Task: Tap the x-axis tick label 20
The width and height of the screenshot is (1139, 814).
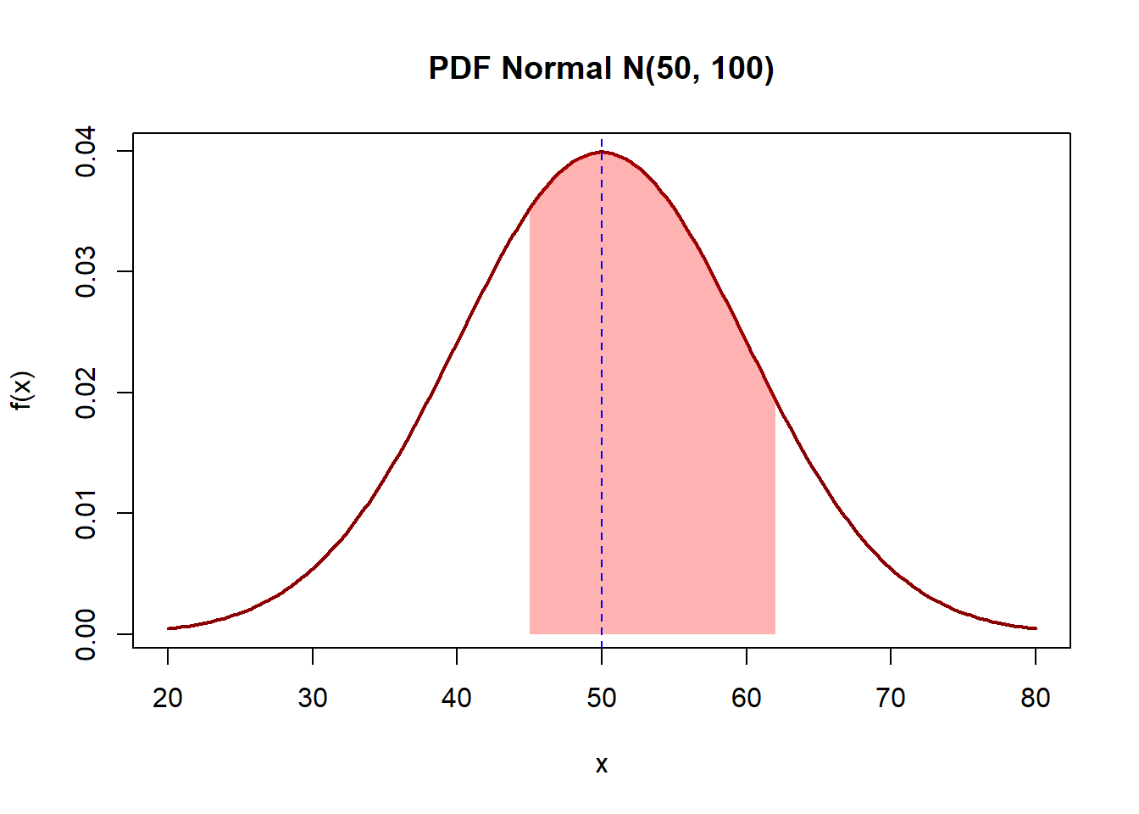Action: (168, 698)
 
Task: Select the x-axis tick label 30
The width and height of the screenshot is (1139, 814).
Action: (313, 698)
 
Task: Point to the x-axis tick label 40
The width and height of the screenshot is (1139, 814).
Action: (457, 698)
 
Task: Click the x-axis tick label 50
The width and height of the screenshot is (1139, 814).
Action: (602, 698)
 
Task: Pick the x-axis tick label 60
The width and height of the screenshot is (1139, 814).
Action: (747, 698)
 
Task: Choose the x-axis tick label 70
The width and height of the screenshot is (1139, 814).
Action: (891, 698)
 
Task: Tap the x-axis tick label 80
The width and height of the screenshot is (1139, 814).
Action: (1036, 698)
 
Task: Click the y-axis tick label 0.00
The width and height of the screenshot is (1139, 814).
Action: (86, 633)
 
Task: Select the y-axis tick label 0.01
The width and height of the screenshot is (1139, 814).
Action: (86, 513)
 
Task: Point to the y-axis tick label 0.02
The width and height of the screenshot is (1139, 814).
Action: (86, 393)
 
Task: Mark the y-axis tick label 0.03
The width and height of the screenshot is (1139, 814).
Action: (86, 271)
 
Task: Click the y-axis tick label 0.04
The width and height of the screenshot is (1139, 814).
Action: (86, 151)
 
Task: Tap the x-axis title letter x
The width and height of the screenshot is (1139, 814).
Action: (602, 765)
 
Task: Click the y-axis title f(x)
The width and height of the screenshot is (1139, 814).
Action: (22, 391)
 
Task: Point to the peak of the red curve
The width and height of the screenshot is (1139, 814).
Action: (602, 152)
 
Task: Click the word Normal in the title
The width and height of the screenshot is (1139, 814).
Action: (557, 68)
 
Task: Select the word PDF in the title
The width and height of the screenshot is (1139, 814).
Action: (460, 68)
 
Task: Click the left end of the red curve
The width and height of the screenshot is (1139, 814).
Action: (169, 628)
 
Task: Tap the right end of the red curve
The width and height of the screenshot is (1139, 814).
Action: (1036, 628)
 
